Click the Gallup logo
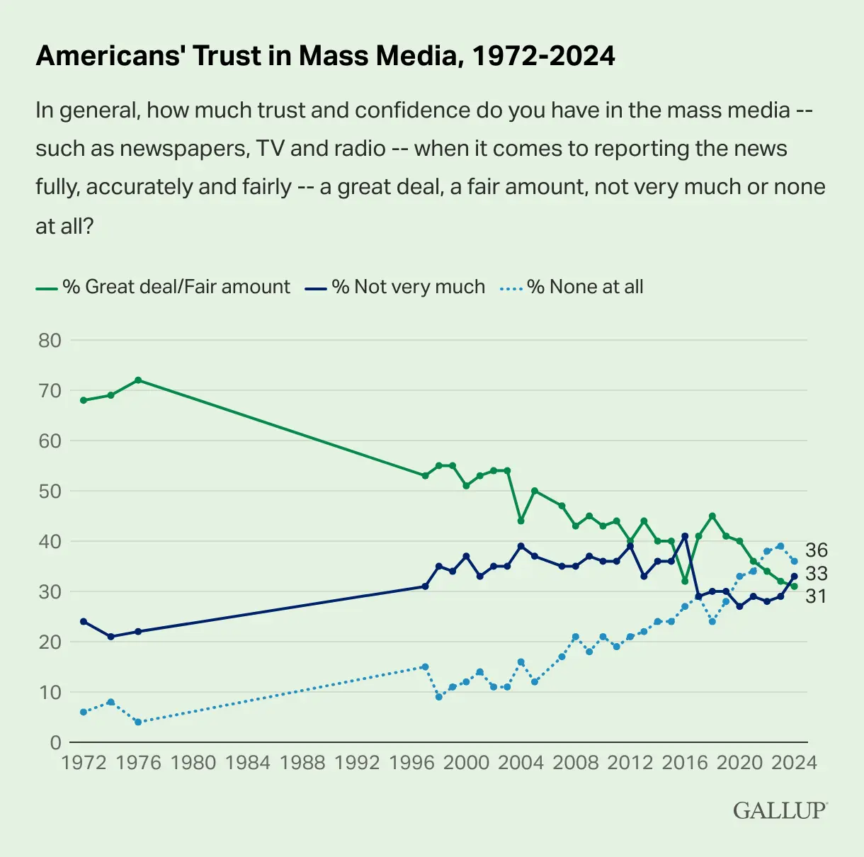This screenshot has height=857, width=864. click(780, 810)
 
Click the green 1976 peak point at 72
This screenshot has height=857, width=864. click(138, 380)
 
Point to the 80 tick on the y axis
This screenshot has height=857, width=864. click(50, 340)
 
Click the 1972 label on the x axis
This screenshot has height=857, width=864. click(84, 763)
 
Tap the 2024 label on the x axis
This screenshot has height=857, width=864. click(794, 763)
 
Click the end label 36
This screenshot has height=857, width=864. click(817, 550)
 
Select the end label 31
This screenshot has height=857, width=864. click(817, 596)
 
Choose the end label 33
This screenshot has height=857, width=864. click(817, 573)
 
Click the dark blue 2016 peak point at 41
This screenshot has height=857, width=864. click(685, 536)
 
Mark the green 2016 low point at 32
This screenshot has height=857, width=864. click(685, 581)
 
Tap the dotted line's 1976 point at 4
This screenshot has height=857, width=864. click(138, 722)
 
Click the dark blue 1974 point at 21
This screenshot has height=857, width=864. click(111, 637)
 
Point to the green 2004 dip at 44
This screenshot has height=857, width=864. click(521, 521)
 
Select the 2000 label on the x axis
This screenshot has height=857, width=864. click(466, 763)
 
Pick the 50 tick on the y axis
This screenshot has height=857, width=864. click(50, 491)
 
